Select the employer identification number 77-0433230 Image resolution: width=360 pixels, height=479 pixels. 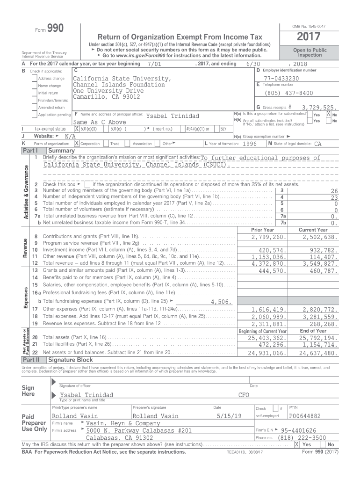pos(281,78)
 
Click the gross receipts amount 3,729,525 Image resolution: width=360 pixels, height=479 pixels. pos(319,107)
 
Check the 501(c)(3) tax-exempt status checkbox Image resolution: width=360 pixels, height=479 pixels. pos(77,129)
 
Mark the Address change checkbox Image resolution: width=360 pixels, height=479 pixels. pos(35,78)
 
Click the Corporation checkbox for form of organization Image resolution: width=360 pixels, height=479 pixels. pos(77,144)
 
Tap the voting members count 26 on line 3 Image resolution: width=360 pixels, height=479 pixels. pos(334,190)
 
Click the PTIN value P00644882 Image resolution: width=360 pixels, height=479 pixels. pos(305,416)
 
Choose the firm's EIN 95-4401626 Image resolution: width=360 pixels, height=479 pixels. pos(298,430)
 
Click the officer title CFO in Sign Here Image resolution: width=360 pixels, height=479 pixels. pos(244,395)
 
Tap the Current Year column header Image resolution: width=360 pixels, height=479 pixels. pos(313,230)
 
